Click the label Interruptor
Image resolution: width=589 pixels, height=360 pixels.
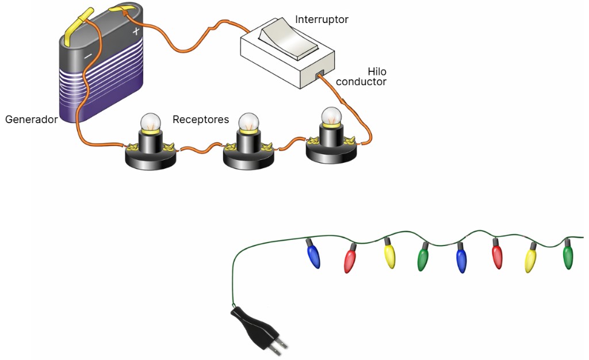[x=322, y=20]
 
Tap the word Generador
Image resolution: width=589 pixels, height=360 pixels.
[x=31, y=120]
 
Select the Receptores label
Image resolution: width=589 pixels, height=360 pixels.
[x=201, y=120]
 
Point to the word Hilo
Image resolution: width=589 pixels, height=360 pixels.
[x=377, y=72]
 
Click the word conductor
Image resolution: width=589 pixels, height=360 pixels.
[x=361, y=82]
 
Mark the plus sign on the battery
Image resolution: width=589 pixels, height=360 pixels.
[x=136, y=32]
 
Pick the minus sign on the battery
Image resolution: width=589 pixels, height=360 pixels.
[x=88, y=56]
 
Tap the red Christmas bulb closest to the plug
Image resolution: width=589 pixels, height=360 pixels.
[x=349, y=260]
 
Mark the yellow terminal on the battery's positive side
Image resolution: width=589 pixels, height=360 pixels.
[x=122, y=10]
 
